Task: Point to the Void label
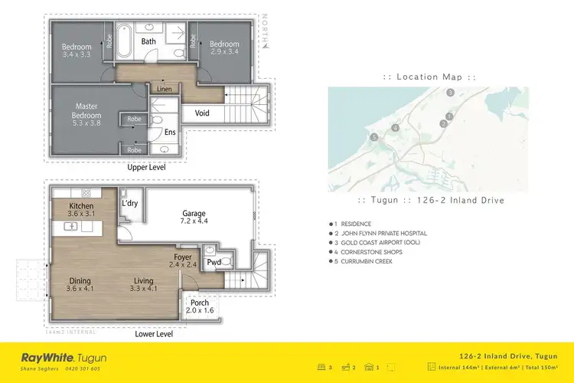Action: click(203, 113)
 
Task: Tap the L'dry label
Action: click(129, 204)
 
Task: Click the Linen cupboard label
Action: click(164, 90)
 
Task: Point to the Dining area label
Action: click(80, 284)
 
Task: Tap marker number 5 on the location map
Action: click(374, 137)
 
